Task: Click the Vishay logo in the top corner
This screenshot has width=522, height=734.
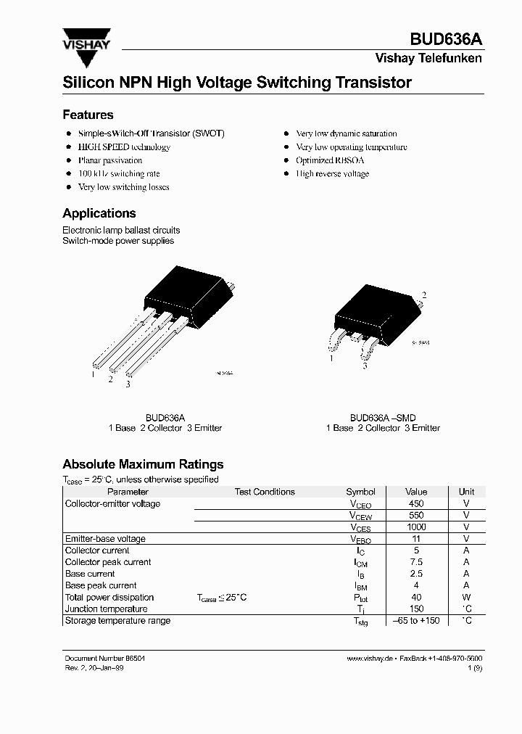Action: pyautogui.click(x=86, y=40)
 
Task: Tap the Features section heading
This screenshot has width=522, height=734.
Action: pyautogui.click(x=88, y=115)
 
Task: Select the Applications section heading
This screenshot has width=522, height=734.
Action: pyautogui.click(x=99, y=213)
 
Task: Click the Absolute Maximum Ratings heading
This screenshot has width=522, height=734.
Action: pyautogui.click(x=143, y=464)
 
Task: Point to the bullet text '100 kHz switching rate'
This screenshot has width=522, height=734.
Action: pyautogui.click(x=119, y=174)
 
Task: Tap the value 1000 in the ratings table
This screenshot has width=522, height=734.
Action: pyautogui.click(x=416, y=527)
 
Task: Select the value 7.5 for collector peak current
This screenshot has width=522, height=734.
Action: pyautogui.click(x=416, y=562)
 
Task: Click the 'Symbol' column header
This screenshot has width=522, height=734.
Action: pyautogui.click(x=360, y=492)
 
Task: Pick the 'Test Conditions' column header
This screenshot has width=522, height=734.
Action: pyautogui.click(x=265, y=492)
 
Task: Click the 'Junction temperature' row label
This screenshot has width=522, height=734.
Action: pyautogui.click(x=106, y=609)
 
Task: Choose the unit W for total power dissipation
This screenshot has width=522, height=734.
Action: pyautogui.click(x=466, y=598)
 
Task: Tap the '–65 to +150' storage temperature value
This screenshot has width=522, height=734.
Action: pyautogui.click(x=416, y=621)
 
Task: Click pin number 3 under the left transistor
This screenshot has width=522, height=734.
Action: pyautogui.click(x=128, y=384)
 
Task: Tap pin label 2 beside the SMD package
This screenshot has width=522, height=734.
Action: pyautogui.click(x=424, y=294)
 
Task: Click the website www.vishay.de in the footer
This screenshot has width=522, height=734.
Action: pyautogui.click(x=370, y=658)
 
